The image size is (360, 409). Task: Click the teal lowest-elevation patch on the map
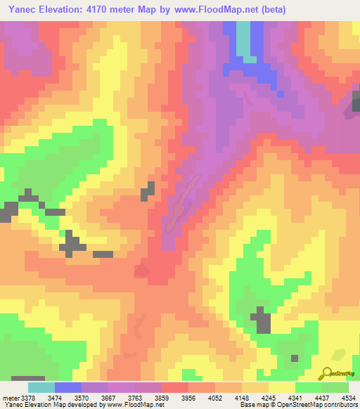pyautogui.click(x=243, y=39)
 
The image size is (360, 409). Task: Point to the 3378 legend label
pyautogui.click(x=27, y=397)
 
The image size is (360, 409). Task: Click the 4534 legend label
pyautogui.click(x=347, y=397)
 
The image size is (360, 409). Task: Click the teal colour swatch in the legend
pyautogui.click(x=41, y=387)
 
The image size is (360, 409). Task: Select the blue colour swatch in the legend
pyautogui.click(x=68, y=387)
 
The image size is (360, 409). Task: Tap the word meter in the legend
pyautogui.click(x=10, y=397)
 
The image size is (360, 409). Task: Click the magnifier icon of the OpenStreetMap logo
pyautogui.click(x=327, y=372)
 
